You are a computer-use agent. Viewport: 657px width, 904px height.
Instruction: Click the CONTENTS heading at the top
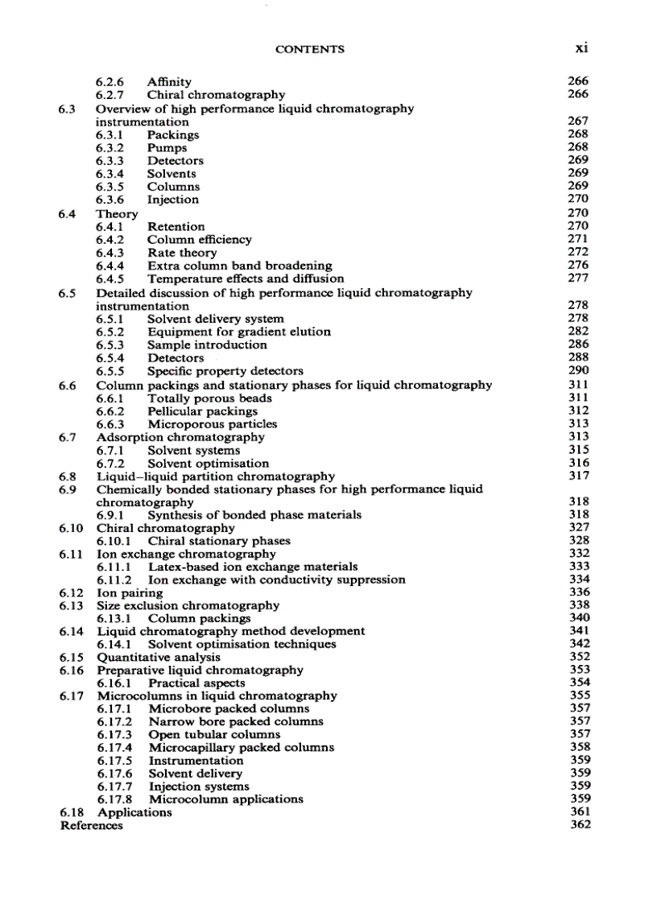[x=309, y=49]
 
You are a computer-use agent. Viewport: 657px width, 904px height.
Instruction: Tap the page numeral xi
[x=581, y=48]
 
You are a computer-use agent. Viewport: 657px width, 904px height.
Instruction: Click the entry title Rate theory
[x=182, y=253]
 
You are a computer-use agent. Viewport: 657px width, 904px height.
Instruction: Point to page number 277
[x=577, y=278]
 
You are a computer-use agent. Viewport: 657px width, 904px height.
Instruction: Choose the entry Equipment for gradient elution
[x=238, y=332]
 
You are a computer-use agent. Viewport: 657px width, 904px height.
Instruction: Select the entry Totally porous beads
[x=209, y=398]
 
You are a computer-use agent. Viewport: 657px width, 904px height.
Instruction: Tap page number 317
[x=578, y=476]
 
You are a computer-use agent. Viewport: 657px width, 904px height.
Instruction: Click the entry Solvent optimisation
[x=208, y=463]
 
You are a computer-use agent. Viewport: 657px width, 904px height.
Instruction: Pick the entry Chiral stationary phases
[x=219, y=541]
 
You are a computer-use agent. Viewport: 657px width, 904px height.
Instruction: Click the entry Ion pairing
[x=129, y=592]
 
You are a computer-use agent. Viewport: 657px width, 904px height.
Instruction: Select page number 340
[x=578, y=618]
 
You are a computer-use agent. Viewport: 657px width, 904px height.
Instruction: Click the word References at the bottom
[x=92, y=825]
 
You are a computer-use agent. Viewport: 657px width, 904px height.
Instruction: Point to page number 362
[x=578, y=824]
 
